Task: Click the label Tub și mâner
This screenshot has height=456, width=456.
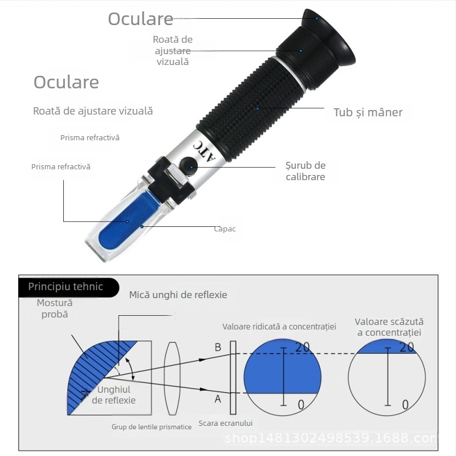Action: [x=368, y=112]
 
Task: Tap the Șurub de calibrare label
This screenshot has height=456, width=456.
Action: [x=305, y=171]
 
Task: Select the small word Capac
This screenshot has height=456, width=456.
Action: [x=225, y=229]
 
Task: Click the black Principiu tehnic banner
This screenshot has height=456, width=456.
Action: [x=66, y=287]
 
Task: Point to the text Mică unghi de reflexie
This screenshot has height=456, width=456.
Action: [x=178, y=295]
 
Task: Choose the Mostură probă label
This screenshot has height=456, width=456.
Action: [x=55, y=308]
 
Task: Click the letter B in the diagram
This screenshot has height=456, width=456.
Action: [x=217, y=347]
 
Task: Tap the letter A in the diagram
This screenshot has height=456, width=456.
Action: [x=217, y=399]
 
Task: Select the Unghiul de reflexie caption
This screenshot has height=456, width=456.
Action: [x=114, y=395]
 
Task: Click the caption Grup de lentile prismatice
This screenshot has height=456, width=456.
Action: [x=151, y=427]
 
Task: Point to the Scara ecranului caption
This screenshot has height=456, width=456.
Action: [x=226, y=424]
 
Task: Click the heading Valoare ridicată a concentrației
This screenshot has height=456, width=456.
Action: [x=279, y=327]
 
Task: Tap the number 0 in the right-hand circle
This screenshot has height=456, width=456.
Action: [x=405, y=405]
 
